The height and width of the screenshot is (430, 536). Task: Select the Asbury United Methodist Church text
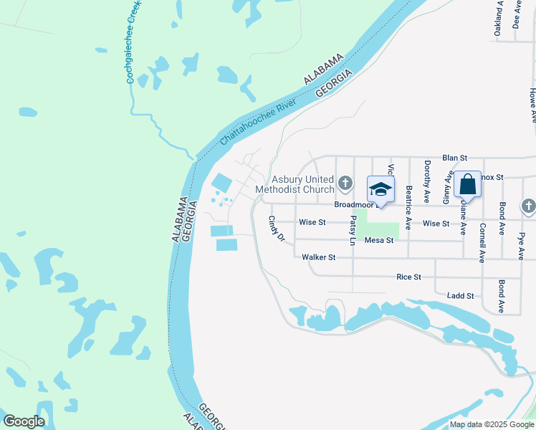click(302, 184)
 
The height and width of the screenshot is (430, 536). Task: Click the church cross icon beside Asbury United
click(345, 183)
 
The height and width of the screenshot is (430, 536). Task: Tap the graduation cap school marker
click(381, 190)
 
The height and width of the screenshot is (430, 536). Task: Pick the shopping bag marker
click(467, 184)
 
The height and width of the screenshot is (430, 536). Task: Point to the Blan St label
click(454, 157)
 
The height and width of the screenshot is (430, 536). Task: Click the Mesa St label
click(379, 240)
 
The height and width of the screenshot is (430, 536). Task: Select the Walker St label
click(318, 257)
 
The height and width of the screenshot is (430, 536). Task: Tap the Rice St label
click(408, 276)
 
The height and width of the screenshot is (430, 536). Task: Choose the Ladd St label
click(460, 295)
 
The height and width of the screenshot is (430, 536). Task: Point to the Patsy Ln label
click(353, 231)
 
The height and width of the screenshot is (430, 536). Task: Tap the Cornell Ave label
click(483, 244)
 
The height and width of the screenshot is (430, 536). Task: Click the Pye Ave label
click(521, 244)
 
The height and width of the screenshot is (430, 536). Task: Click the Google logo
click(24, 421)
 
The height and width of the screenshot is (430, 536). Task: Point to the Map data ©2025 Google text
click(492, 424)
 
